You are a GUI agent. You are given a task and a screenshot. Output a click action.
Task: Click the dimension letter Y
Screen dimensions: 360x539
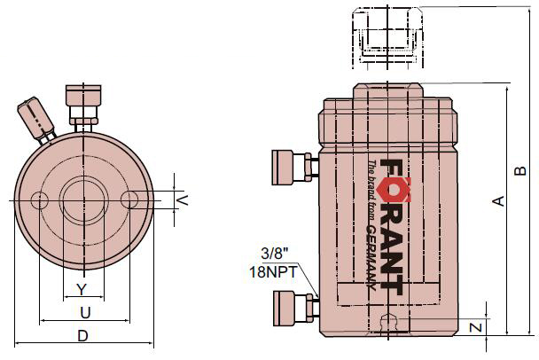coord(82,289)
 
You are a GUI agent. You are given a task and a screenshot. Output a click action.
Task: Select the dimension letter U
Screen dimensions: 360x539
coord(85,312)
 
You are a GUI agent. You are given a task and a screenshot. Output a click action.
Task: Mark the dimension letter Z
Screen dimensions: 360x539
coord(476,326)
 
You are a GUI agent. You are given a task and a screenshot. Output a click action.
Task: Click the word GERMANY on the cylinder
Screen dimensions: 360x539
coord(371,257)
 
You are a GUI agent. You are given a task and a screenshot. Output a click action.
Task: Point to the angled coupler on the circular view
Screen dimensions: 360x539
coord(35,118)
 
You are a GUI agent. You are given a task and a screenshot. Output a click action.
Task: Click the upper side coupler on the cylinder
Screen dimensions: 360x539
coord(290,165)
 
